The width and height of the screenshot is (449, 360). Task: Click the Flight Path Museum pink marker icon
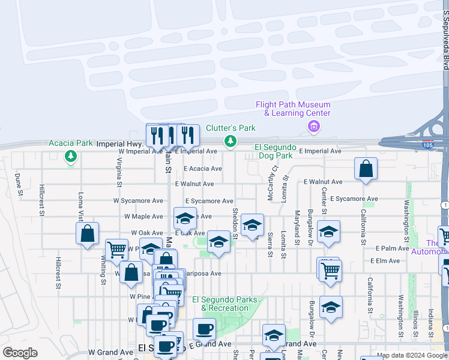pos(313,127)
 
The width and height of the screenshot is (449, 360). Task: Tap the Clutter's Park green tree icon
pos(230,141)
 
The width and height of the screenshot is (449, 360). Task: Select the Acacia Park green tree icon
pos(71,157)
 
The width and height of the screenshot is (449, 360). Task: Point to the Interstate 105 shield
pos(427,145)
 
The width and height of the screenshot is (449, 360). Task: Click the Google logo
pos(20,353)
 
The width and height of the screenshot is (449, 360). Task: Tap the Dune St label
pos(19,185)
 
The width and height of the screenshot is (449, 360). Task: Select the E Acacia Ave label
pos(203,169)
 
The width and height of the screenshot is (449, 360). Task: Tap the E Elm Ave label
pos(385,260)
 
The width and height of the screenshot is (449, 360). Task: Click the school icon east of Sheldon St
pos(252,225)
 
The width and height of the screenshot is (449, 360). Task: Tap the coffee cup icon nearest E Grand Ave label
pos(203,329)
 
